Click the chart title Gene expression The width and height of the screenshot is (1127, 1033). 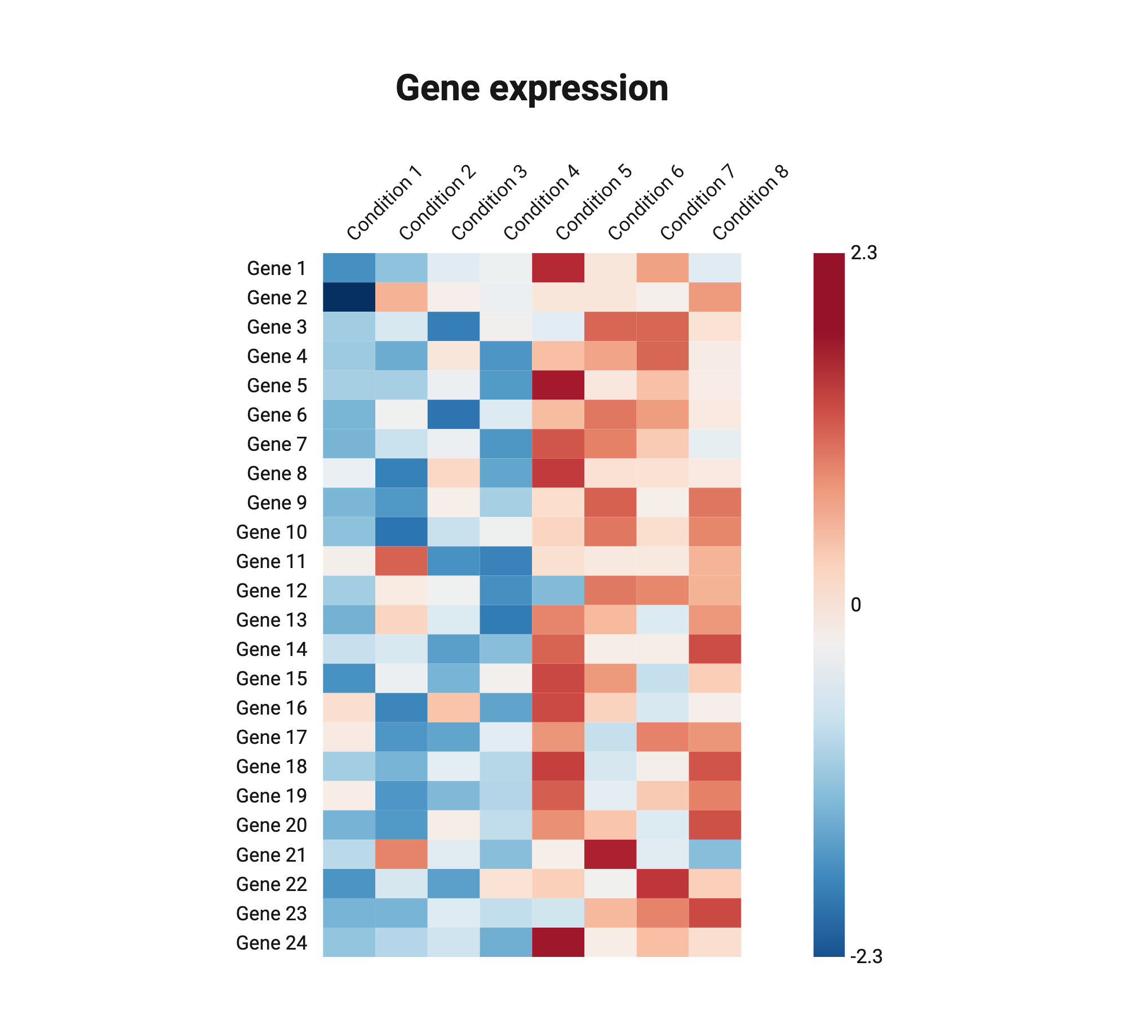(x=531, y=88)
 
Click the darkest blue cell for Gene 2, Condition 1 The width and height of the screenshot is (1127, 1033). (x=349, y=297)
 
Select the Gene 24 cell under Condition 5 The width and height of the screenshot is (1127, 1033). (x=558, y=942)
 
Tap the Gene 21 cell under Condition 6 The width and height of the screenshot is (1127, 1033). (x=610, y=854)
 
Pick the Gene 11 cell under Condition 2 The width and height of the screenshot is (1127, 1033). (x=401, y=561)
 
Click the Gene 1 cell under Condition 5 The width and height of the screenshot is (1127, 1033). (x=558, y=268)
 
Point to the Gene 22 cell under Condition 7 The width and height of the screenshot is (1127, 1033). (x=663, y=883)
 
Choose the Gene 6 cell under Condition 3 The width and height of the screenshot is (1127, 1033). (x=454, y=414)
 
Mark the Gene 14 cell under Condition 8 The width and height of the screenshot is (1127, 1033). (x=715, y=649)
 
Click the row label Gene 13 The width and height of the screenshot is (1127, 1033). (x=272, y=620)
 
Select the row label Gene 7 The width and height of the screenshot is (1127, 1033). (x=277, y=444)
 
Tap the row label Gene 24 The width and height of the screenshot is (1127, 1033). (x=272, y=942)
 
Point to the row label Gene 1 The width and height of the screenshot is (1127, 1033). (x=277, y=268)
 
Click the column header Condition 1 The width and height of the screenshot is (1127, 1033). (x=384, y=203)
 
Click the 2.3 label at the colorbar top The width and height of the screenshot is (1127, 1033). (x=864, y=253)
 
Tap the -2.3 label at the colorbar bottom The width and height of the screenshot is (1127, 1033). (x=866, y=956)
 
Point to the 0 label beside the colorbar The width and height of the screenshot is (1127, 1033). (x=855, y=605)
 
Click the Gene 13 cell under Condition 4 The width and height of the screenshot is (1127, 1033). (x=505, y=619)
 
